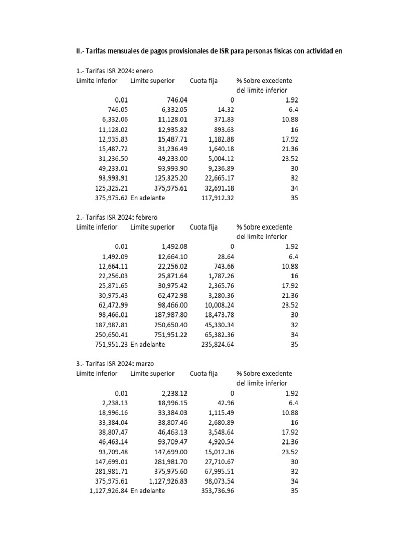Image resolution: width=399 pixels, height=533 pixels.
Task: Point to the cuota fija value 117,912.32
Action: (x=218, y=198)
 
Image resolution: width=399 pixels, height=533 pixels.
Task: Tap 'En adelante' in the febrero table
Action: (x=148, y=345)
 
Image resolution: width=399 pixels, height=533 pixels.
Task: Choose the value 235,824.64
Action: (x=218, y=345)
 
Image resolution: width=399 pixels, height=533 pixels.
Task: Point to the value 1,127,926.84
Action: (x=109, y=491)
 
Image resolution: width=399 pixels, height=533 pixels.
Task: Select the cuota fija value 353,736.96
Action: (x=218, y=491)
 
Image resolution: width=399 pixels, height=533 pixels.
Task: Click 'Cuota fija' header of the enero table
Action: (x=204, y=81)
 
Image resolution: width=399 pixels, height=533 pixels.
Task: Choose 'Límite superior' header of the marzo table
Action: (x=153, y=374)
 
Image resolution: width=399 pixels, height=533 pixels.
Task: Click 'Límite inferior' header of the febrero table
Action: (x=97, y=227)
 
